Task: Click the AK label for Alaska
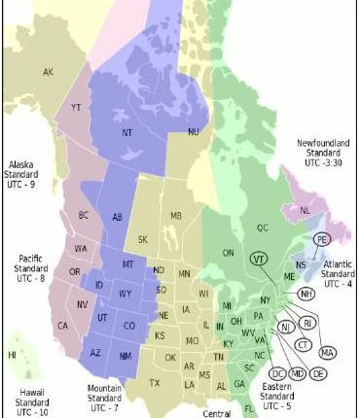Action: click(x=48, y=71)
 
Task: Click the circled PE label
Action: click(x=321, y=238)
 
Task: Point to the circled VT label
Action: click(x=258, y=260)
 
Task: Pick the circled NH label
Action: click(x=306, y=294)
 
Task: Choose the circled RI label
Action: click(x=306, y=323)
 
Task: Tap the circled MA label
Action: click(x=327, y=352)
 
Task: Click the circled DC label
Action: click(x=277, y=373)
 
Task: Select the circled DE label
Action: click(x=319, y=373)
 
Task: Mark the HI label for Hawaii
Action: click(x=12, y=356)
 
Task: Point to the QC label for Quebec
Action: click(x=262, y=227)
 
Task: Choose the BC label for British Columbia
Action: click(x=84, y=215)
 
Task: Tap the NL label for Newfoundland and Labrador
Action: click(x=305, y=209)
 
